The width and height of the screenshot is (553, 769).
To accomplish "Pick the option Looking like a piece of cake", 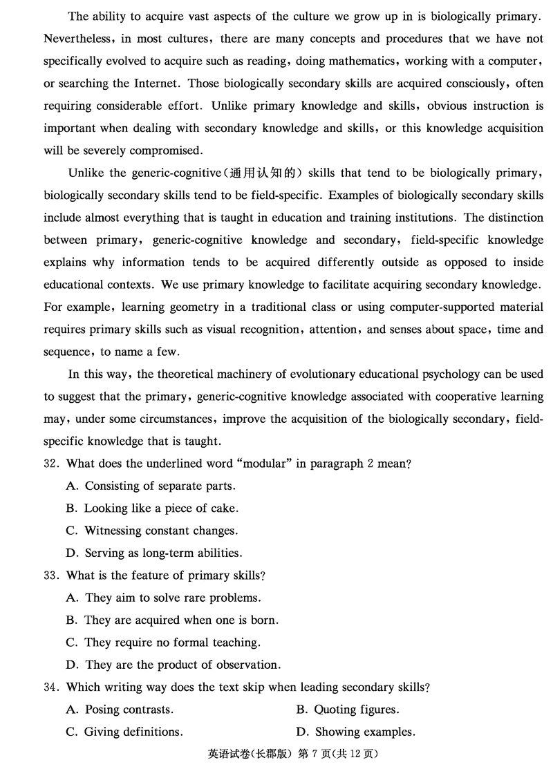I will click(161, 509).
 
